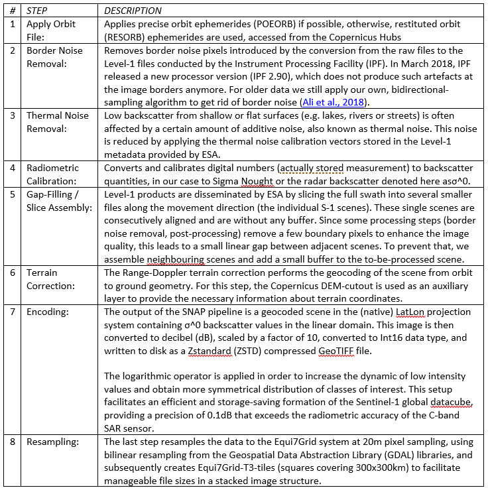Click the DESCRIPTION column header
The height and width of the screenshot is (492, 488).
[133, 11]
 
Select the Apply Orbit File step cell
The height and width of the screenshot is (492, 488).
[51, 31]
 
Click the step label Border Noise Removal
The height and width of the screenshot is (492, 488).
[55, 57]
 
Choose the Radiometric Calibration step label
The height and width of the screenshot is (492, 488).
[53, 174]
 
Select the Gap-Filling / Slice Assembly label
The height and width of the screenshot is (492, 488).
[55, 200]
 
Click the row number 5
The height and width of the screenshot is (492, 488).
[12, 194]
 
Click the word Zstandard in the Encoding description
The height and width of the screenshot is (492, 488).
[211, 351]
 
